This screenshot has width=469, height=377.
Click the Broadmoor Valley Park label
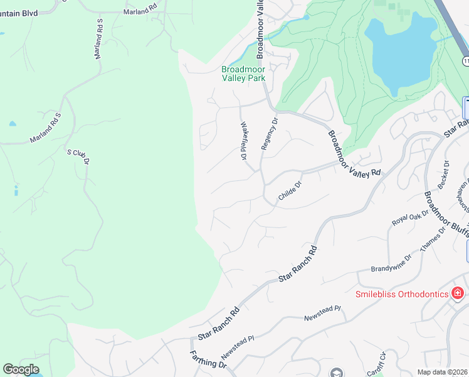point(243,74)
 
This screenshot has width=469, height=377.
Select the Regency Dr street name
point(269,133)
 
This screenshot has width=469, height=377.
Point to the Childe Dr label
point(290,192)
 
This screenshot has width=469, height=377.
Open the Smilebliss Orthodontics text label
point(402,293)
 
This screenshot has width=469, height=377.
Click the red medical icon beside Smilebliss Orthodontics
point(458,293)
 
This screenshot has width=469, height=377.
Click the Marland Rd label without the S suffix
point(140,12)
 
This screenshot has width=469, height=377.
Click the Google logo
point(21,369)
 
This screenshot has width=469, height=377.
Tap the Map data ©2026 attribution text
point(442,372)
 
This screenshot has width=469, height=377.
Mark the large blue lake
point(401,53)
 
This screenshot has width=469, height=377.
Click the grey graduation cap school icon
point(337,372)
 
